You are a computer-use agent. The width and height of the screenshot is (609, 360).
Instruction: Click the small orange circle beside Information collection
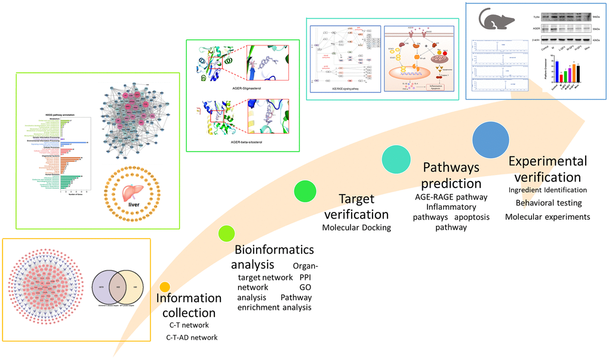click(165, 287)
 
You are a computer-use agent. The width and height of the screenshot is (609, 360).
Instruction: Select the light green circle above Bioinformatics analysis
click(226, 233)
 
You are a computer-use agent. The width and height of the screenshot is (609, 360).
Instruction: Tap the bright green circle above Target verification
click(304, 192)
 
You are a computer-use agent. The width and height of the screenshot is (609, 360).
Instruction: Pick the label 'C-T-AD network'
click(191, 338)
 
